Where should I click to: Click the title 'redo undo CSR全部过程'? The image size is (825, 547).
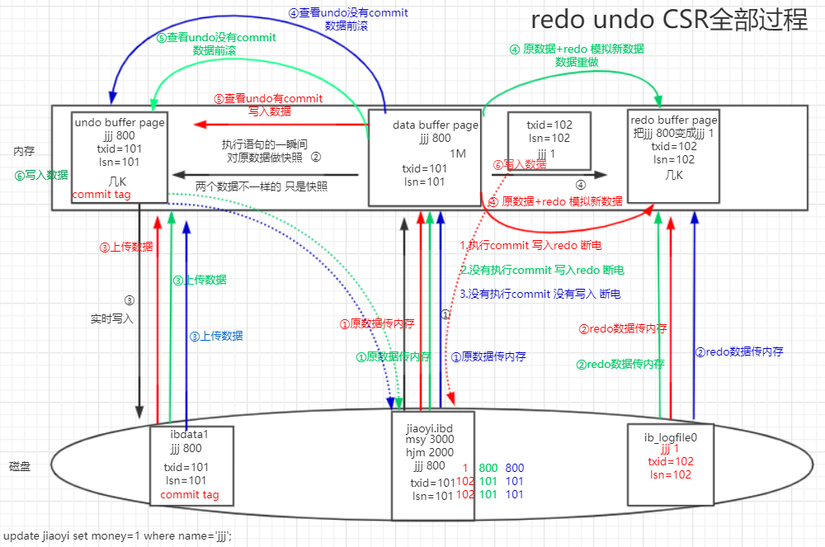(669, 20)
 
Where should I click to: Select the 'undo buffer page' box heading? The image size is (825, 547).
(120, 122)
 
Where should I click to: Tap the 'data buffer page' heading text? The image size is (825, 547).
(435, 125)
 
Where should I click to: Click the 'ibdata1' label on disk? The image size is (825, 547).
(191, 435)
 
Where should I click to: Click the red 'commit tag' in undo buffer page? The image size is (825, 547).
(102, 195)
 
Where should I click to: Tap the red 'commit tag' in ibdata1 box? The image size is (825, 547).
(190, 495)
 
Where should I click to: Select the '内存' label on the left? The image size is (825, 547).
(24, 152)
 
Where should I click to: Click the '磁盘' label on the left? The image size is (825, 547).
(20, 466)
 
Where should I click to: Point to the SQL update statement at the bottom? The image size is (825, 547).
(117, 535)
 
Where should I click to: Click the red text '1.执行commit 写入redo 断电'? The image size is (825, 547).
(530, 246)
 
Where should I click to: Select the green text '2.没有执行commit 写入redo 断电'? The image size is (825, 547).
(541, 270)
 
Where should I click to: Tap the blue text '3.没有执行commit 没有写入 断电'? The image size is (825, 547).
(540, 294)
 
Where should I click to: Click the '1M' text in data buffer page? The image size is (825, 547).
(458, 154)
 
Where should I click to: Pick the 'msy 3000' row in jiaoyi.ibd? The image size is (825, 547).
(430, 441)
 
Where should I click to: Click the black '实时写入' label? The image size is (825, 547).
(112, 317)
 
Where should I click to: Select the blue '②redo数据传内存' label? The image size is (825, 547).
(739, 351)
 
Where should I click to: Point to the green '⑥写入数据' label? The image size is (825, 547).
(41, 175)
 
